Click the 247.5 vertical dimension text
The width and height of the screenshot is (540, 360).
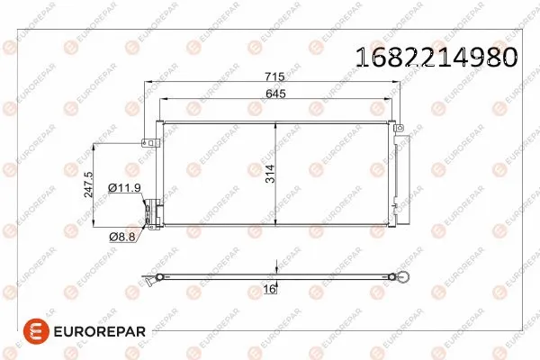87,184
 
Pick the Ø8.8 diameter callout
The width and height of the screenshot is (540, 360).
122,236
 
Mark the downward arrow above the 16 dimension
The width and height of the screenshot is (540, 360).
277,267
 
